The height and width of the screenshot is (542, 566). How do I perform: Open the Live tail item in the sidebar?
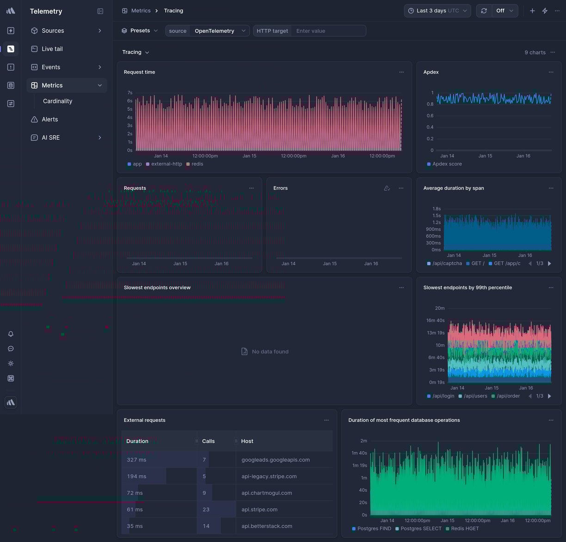pos(52,49)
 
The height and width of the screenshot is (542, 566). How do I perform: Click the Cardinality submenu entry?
pos(57,101)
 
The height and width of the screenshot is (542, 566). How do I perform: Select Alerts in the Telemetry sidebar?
pos(49,119)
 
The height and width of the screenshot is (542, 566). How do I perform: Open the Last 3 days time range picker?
pos(437,11)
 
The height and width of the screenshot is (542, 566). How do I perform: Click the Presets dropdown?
pos(140,31)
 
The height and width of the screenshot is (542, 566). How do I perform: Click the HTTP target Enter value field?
pos(329,31)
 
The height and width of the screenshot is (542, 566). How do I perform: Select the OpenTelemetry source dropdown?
pos(219,31)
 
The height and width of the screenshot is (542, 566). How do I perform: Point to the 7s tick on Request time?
pos(130,93)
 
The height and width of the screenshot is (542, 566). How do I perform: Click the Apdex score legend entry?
pos(447,164)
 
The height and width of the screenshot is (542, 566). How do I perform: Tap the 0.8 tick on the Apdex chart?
pos(430,104)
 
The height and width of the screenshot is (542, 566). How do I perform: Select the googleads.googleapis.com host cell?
pos(276,460)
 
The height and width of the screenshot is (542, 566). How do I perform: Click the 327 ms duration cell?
pos(136,460)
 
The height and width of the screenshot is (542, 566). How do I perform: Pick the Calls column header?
pos(208,441)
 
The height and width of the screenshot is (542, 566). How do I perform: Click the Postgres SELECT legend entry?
pos(421,529)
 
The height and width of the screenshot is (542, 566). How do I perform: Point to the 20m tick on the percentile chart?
pos(439,308)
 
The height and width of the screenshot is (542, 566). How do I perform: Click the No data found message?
pos(270,352)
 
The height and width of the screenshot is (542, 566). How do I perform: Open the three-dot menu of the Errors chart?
pos(401,188)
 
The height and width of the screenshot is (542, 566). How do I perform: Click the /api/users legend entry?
pos(475,396)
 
